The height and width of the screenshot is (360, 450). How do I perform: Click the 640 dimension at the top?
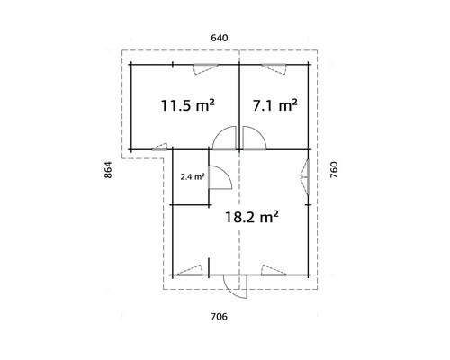click(x=220, y=38)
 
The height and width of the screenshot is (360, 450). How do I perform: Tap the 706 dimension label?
click(x=219, y=317)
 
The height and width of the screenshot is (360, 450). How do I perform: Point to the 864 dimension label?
click(x=108, y=170)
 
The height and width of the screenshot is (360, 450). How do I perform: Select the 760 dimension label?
click(x=334, y=170)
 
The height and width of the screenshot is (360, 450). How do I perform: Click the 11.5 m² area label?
click(x=188, y=105)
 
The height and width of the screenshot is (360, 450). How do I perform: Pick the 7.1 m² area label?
click(x=275, y=105)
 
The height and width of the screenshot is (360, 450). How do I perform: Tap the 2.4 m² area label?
click(x=193, y=177)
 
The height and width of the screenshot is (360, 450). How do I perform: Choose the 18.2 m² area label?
click(x=252, y=217)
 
